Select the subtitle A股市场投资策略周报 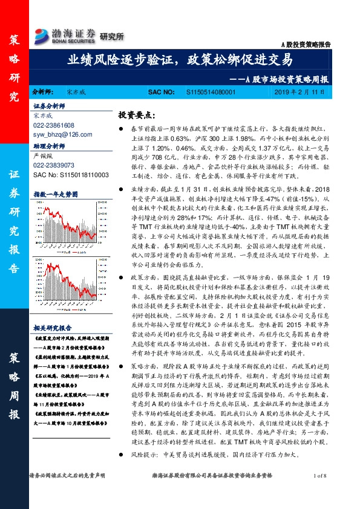[281, 79]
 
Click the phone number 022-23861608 [54, 125]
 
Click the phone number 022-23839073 [54, 164]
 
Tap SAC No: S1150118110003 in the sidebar [70, 174]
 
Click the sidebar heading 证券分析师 [49, 105]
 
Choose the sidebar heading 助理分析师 [49, 146]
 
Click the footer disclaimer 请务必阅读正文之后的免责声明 [67, 494]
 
